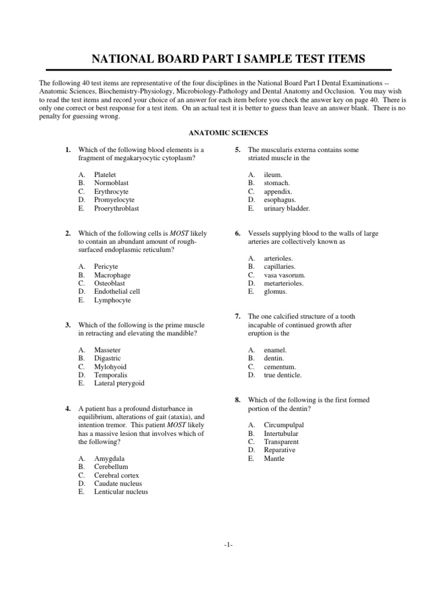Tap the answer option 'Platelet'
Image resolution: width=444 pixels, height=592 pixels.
point(105,175)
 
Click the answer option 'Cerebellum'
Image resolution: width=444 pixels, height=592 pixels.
point(111,467)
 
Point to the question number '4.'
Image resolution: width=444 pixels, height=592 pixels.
point(68,409)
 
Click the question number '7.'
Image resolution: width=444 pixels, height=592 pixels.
point(238,317)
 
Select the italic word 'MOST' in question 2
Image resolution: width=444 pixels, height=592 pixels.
point(179,234)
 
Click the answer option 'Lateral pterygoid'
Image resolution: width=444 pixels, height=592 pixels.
point(119,383)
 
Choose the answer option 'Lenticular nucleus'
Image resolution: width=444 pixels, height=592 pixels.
point(121,491)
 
